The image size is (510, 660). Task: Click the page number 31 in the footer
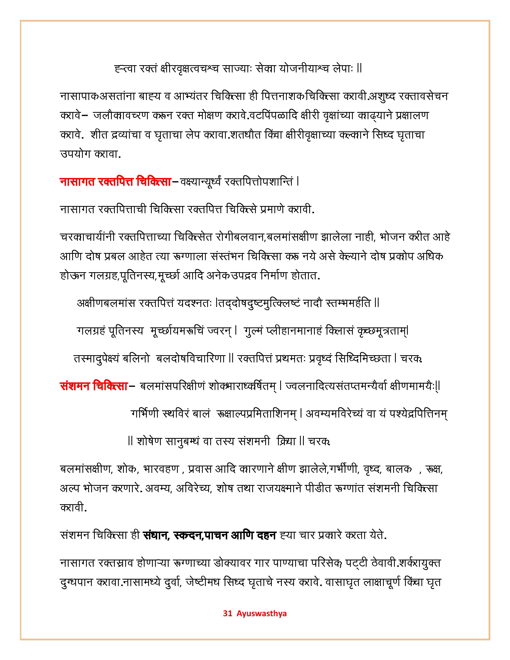coord(227,613)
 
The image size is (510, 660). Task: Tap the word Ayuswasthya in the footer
coord(262,613)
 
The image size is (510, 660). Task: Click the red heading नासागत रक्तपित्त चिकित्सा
coord(115,182)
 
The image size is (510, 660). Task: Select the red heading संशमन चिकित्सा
coord(94,387)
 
